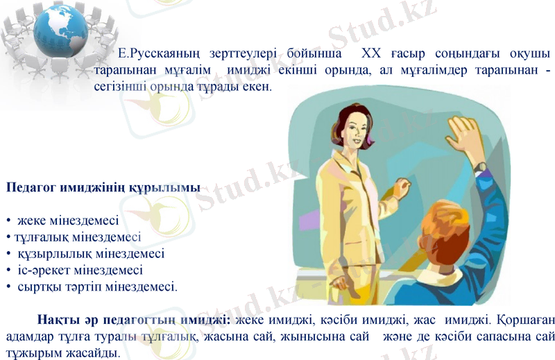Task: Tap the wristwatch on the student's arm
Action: (x=480, y=167)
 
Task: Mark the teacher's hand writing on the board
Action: (x=402, y=185)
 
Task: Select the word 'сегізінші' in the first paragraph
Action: (x=117, y=87)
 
